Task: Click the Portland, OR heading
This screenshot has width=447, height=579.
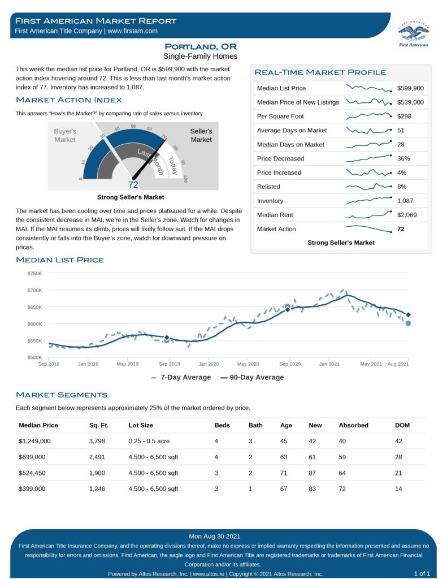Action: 201,46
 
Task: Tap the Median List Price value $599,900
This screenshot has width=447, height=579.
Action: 410,88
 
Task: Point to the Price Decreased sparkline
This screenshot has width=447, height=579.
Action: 368,158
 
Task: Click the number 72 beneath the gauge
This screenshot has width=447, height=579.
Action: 133,184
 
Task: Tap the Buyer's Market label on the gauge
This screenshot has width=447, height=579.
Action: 65,135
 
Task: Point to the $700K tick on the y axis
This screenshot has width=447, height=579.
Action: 34,290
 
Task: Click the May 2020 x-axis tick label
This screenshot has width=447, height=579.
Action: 248,364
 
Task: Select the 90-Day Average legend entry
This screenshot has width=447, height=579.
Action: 251,377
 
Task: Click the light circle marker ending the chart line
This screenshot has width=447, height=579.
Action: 408,323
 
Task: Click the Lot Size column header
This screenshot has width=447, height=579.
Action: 141,425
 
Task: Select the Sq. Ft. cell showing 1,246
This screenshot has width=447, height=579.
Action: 98,489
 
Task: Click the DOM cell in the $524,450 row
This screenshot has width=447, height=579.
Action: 398,473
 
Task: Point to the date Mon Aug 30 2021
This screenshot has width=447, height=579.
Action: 215,536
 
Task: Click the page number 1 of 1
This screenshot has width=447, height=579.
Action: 422,573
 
